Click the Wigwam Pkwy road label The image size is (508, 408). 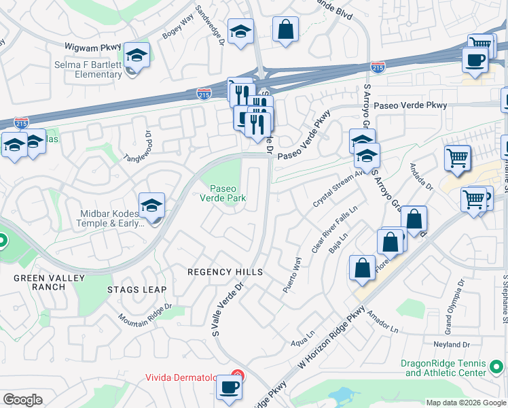[x=92, y=48]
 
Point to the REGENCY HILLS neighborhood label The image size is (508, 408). [x=225, y=272]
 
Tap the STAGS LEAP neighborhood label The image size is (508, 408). [x=137, y=290]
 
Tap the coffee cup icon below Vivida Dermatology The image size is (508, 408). [x=228, y=388]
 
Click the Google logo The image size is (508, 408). [x=22, y=400]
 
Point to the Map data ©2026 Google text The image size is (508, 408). [x=465, y=403]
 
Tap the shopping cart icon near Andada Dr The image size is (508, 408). [x=458, y=158]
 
